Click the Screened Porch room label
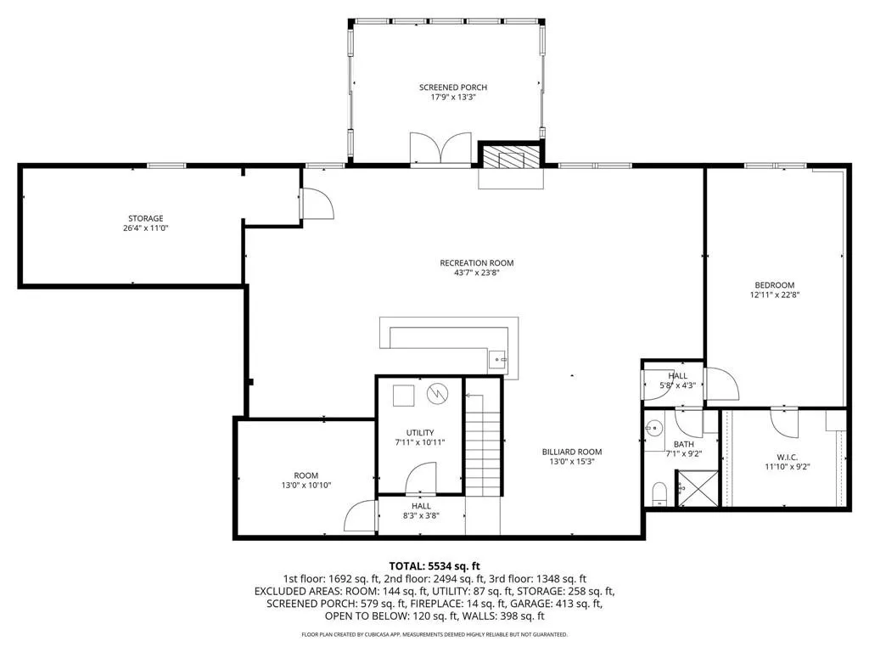coord(452,87)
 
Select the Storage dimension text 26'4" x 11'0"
coord(146,228)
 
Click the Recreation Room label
coord(476,262)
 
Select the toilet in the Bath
coord(659,492)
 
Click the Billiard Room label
coord(572,452)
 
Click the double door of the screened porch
coord(440,147)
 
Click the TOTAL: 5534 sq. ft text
coord(434,565)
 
